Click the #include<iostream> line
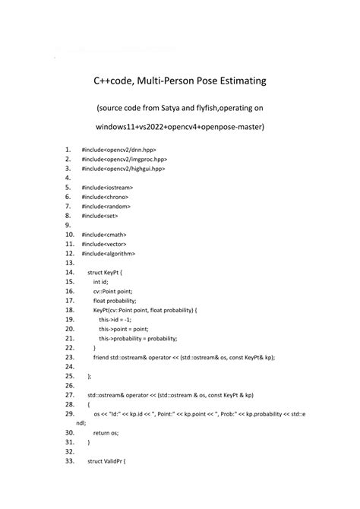point(107,187)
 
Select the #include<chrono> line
point(106,196)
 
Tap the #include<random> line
point(106,206)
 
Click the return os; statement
point(106,432)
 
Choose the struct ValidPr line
point(106,460)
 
